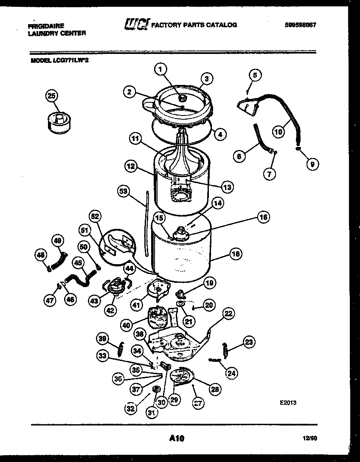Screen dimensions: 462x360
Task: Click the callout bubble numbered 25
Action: coord(51,96)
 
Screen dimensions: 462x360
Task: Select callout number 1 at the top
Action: coord(160,70)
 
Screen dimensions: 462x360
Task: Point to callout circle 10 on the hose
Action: coord(278,132)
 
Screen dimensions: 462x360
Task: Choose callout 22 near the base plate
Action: coord(228,314)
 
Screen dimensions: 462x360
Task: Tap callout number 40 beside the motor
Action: coord(126,325)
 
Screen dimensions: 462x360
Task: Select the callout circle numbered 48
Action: coord(40,255)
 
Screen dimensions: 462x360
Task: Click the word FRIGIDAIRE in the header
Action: coord(46,26)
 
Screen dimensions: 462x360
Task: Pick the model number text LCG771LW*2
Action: coord(71,60)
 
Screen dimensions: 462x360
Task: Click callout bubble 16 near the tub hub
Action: coord(263,217)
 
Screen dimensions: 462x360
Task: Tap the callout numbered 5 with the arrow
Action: coord(254,76)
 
